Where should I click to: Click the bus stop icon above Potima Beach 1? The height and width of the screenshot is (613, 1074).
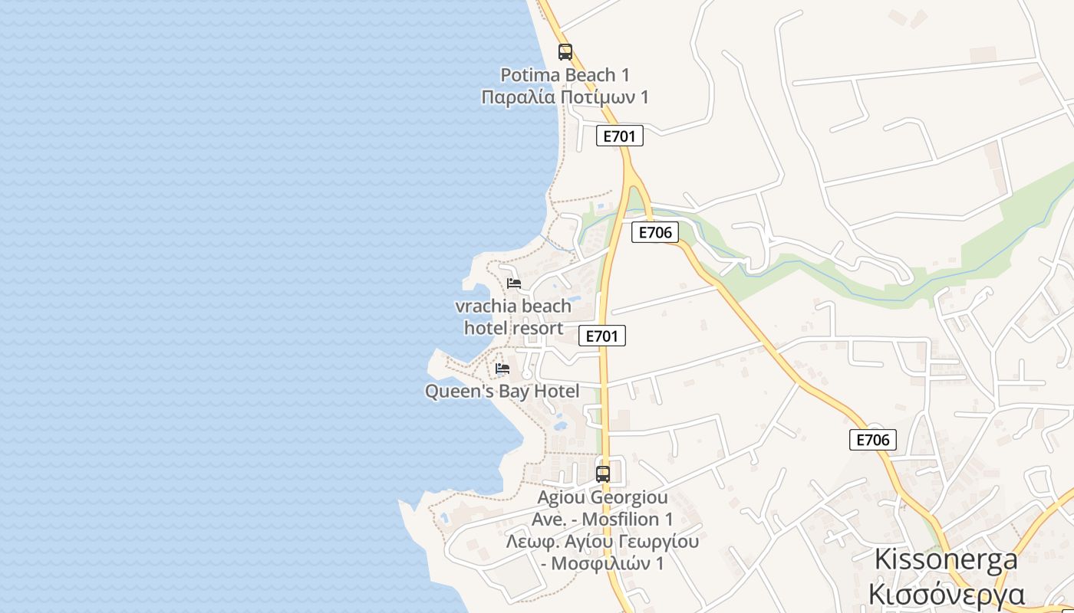(x=565, y=52)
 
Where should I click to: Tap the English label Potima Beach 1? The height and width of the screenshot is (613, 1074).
(x=565, y=75)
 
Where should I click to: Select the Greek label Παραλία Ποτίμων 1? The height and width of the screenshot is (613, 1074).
(x=565, y=97)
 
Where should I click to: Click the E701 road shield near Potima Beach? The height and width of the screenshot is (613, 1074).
(x=619, y=136)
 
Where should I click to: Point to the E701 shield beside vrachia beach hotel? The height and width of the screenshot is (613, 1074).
(x=601, y=336)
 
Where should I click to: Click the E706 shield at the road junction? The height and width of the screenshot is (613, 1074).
(x=654, y=232)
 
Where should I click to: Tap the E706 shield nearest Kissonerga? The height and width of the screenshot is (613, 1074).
(x=872, y=440)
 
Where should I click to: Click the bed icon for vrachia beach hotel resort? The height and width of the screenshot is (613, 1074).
(x=514, y=284)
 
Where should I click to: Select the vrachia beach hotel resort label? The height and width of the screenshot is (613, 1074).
(x=513, y=317)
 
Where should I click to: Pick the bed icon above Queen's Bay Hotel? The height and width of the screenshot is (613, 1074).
(x=502, y=369)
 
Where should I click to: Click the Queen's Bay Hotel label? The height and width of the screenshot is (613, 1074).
(x=502, y=392)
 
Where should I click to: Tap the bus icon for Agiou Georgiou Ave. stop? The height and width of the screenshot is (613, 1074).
(x=603, y=474)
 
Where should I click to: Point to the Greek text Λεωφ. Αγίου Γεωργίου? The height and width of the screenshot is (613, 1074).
(x=602, y=542)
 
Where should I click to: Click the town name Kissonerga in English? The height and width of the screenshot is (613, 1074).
(x=946, y=559)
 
